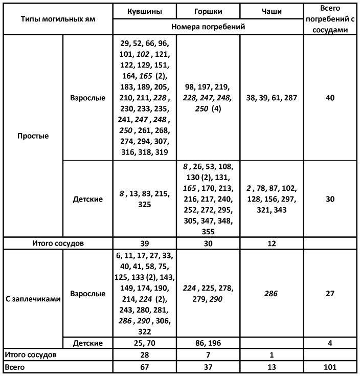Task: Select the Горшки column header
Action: [x=208, y=11]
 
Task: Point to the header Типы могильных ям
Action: [x=57, y=18]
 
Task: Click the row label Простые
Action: [x=33, y=137]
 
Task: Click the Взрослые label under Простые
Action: [x=87, y=98]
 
